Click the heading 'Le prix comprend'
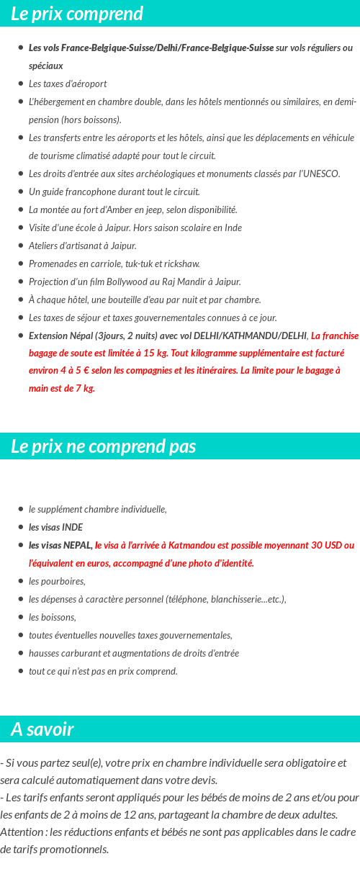[77, 14]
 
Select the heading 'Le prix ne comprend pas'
[103, 446]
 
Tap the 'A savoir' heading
[42, 729]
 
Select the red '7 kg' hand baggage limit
[84, 388]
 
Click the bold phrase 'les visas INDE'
[55, 527]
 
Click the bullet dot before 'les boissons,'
[21, 617]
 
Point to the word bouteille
[118, 300]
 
